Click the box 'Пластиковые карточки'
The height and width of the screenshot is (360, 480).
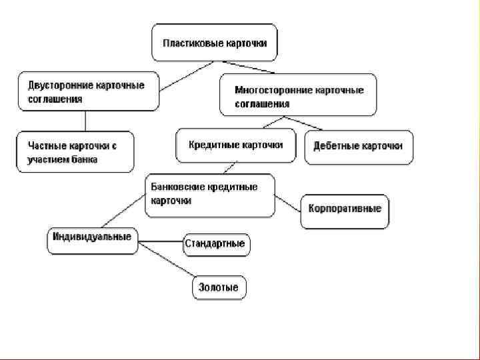pyautogui.click(x=214, y=43)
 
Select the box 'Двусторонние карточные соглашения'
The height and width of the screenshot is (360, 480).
pyautogui.click(x=89, y=91)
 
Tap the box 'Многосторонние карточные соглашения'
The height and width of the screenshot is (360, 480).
pyautogui.click(x=298, y=95)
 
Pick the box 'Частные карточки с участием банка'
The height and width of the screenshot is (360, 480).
pyautogui.click(x=75, y=152)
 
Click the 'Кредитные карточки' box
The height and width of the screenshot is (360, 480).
pyautogui.click(x=235, y=145)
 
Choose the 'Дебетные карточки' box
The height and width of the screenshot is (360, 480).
pyautogui.click(x=358, y=147)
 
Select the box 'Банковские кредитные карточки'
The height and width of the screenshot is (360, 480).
pyautogui.click(x=209, y=195)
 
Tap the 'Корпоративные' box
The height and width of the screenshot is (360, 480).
pyautogui.click(x=344, y=209)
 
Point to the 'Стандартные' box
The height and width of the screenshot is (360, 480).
pyautogui.click(x=215, y=244)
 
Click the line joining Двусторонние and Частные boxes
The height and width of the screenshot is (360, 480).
pyautogui.click(x=85, y=121)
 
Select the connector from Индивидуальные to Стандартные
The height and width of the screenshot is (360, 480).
pyautogui.click(x=161, y=241)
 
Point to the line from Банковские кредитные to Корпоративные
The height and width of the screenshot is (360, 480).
pyautogui.click(x=288, y=202)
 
